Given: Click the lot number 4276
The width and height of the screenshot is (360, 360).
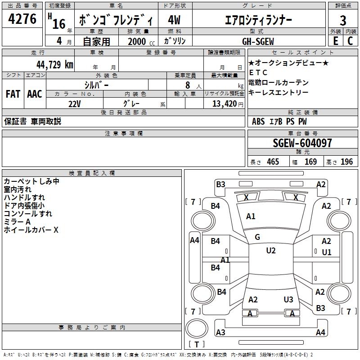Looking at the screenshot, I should [22, 20].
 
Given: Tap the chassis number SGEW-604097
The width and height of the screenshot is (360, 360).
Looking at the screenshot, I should [302, 143].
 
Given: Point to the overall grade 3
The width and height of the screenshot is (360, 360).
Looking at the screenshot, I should [343, 20].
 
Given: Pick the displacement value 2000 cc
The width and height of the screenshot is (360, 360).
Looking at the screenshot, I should [137, 41].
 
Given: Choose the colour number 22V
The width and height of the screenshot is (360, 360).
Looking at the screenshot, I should [74, 103].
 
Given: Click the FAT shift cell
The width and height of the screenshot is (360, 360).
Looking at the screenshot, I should [13, 94].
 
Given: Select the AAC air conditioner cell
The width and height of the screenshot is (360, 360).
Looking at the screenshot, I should [35, 94].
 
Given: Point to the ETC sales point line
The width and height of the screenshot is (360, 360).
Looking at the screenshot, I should [258, 72].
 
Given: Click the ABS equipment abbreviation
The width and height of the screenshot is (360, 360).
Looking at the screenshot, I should [258, 121].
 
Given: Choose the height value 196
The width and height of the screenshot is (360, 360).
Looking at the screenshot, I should [346, 162].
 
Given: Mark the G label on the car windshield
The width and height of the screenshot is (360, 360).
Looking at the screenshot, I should [257, 237].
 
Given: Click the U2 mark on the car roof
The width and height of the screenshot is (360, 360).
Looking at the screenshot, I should [270, 251].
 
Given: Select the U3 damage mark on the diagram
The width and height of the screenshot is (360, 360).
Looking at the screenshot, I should [288, 299].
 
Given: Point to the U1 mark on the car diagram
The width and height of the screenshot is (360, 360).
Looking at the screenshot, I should [326, 252].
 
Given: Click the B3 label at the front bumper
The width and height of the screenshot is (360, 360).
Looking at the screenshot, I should [220, 184].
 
